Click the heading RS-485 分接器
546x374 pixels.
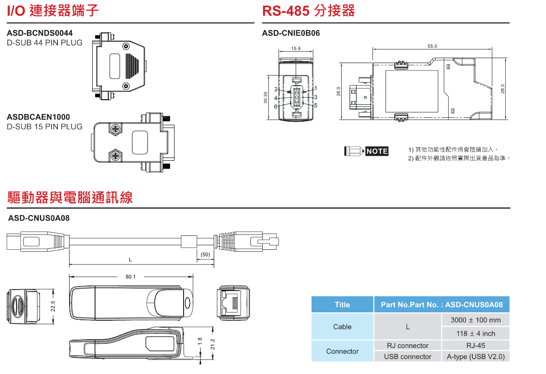pyautogui.click(x=308, y=11)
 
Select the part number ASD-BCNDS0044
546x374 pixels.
pyautogui.click(x=40, y=33)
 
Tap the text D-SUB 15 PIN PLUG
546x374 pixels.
pyautogui.click(x=44, y=127)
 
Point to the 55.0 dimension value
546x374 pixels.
pyautogui.click(x=432, y=46)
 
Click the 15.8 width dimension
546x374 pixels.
pyautogui.click(x=296, y=49)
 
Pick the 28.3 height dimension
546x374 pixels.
pyautogui.click(x=503, y=89)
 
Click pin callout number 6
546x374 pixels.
pyautogui.click(x=276, y=106)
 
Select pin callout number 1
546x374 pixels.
pyautogui.click(x=316, y=88)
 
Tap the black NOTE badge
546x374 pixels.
pyautogui.click(x=377, y=151)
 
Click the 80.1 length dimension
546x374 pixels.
pyautogui.click(x=130, y=277)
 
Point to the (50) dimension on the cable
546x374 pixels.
pyautogui.click(x=205, y=255)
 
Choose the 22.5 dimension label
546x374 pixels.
pyautogui.click(x=53, y=306)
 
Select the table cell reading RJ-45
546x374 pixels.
pyautogui.click(x=476, y=345)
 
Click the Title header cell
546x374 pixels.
pyautogui.click(x=342, y=304)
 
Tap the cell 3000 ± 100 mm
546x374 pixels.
pyautogui.click(x=476, y=320)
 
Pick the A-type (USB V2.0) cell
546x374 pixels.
pyautogui.click(x=476, y=356)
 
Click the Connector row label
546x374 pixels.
pyautogui.click(x=342, y=351)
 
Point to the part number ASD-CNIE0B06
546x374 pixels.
pyautogui.click(x=291, y=33)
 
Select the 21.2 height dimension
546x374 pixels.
pyautogui.click(x=213, y=343)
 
